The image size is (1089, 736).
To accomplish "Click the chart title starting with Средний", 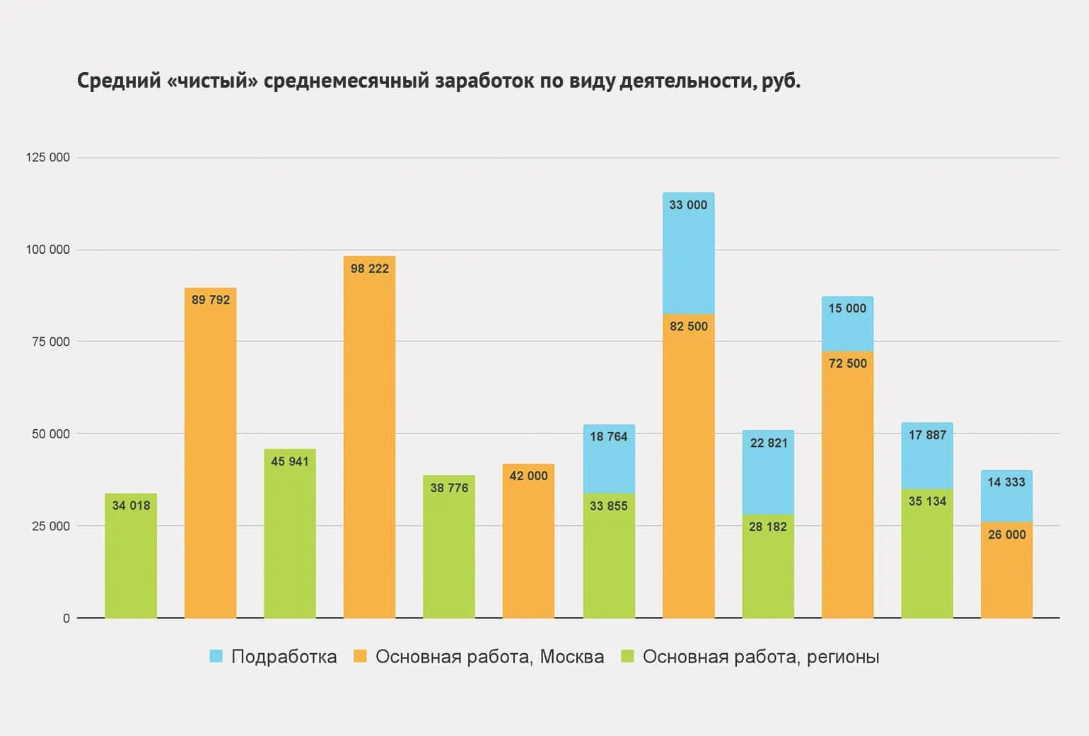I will (x=438, y=81).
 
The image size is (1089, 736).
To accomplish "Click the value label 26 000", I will (x=1006, y=535).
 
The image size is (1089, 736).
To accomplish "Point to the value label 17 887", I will (x=927, y=435).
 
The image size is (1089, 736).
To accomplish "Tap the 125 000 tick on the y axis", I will (x=48, y=157).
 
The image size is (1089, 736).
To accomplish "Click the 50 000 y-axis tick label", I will (x=51, y=433).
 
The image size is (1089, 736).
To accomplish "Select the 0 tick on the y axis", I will (x=66, y=618).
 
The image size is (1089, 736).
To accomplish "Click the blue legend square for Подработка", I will (x=216, y=656).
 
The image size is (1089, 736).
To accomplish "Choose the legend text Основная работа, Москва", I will (x=489, y=657).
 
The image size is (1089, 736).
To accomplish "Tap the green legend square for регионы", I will (x=627, y=656).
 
